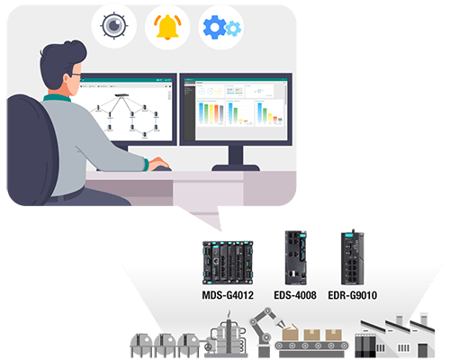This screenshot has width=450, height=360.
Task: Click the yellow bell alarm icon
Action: [167, 27]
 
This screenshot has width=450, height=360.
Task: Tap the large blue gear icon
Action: [214, 27]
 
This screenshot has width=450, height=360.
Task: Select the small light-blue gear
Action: [233, 29]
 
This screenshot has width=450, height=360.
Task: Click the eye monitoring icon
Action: [113, 25]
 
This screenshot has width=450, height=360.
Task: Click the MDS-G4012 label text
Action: [228, 295]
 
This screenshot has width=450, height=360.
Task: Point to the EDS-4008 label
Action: [295, 295]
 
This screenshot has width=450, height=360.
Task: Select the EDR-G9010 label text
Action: [353, 295]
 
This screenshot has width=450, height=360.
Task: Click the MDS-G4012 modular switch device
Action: [228, 263]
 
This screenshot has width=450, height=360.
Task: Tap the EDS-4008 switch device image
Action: [296, 257]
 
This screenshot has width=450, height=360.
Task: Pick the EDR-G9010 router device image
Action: [353, 257]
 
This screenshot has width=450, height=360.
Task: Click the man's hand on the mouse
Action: [158, 164]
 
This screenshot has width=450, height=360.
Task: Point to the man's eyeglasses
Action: [76, 75]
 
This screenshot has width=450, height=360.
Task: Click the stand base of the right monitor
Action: [236, 167]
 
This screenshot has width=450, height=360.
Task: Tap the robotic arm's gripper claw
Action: [281, 324]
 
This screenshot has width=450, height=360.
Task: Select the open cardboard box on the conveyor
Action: [290, 332]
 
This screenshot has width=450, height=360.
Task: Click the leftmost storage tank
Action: [140, 345]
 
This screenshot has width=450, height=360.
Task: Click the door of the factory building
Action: [422, 350]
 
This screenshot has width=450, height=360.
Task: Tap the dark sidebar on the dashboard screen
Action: [189, 111]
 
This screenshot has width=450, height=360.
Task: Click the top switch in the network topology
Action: [121, 95]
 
